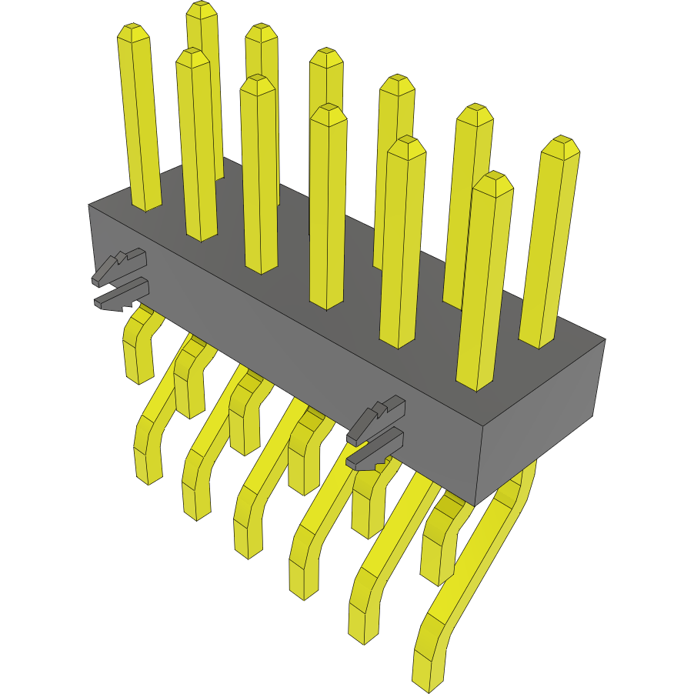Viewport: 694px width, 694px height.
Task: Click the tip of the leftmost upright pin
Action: tap(133, 32)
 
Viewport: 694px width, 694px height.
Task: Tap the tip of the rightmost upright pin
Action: tap(560, 146)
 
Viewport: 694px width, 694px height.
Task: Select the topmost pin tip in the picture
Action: tap(202, 9)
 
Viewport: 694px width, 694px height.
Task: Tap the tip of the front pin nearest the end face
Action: tap(492, 183)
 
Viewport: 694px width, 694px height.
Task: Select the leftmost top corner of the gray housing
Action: tap(88, 205)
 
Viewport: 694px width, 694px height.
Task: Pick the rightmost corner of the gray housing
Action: tap(606, 339)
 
